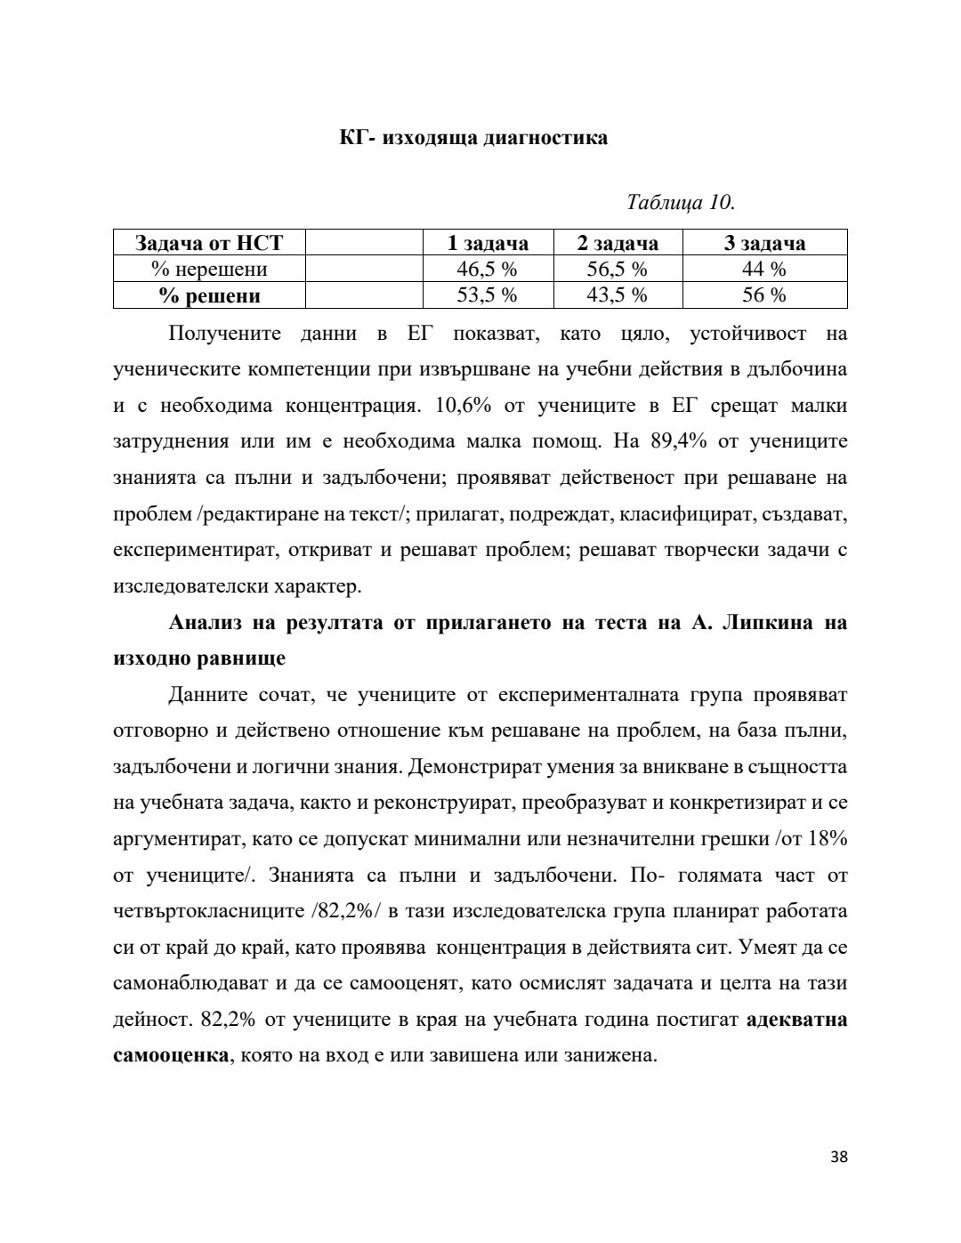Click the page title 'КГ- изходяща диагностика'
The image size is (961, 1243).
point(473,138)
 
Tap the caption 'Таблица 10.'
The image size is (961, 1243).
point(681,202)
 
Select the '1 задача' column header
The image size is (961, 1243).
point(487,243)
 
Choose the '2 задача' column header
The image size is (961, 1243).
point(618,243)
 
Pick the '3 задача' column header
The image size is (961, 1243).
point(764,243)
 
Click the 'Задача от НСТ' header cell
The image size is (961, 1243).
point(209,243)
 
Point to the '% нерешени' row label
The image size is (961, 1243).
point(209,269)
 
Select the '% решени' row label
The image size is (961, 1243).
point(209,295)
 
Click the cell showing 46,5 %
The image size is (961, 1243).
point(487,269)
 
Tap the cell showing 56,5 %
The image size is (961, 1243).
point(618,269)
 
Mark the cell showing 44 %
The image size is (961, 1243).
point(764,269)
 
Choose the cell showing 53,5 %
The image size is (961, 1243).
point(487,295)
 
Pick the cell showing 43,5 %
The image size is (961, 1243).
point(618,295)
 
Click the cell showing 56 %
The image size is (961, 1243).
point(764,295)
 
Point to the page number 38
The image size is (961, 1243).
point(838,1157)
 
